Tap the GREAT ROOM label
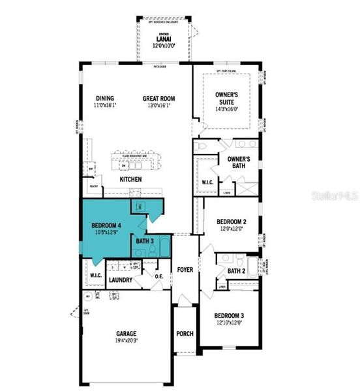[x=159, y=99]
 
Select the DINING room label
[x=105, y=99]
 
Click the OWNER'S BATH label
[x=240, y=162]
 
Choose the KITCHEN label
[x=130, y=179]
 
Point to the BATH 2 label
[x=236, y=270]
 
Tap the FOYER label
[x=185, y=269]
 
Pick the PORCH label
[x=185, y=334]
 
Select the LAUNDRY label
[x=121, y=280]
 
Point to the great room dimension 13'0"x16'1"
[x=159, y=106]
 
